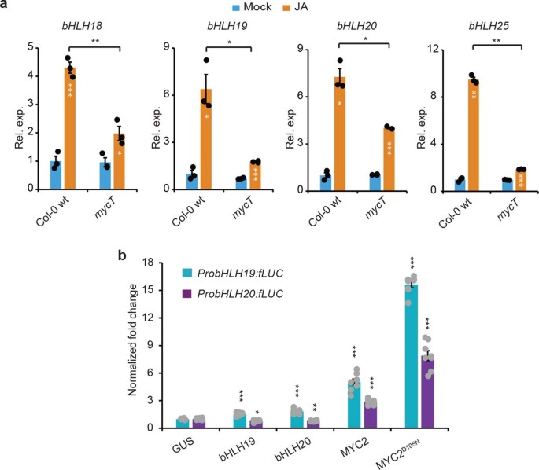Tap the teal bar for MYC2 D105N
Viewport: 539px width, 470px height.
411,357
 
